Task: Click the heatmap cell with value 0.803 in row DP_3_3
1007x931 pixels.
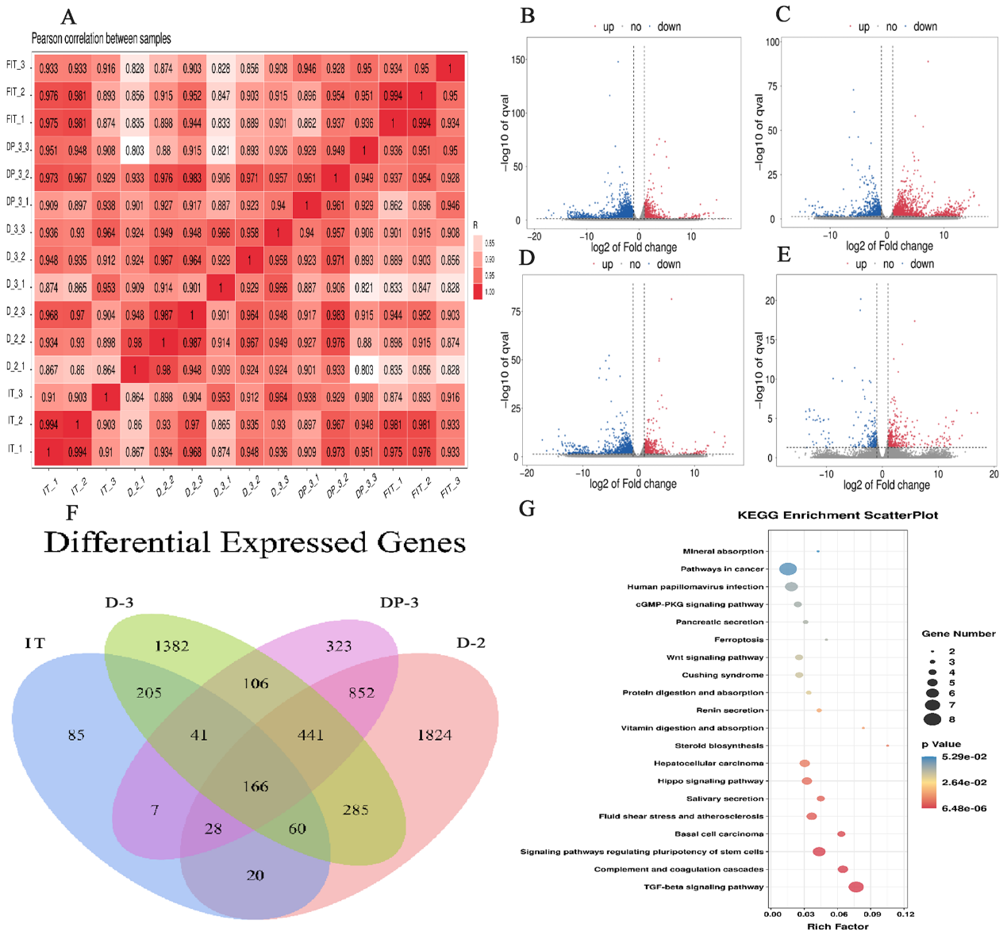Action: point(135,151)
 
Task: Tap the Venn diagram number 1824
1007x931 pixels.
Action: point(434,735)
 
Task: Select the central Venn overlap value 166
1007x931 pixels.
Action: point(256,786)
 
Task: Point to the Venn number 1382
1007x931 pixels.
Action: point(171,646)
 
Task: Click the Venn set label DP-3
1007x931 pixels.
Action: point(399,603)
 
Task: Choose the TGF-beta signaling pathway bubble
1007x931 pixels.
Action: point(855,887)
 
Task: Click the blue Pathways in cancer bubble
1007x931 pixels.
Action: point(788,569)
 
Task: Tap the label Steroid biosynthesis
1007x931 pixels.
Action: point(719,745)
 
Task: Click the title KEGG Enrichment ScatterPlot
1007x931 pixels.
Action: point(837,515)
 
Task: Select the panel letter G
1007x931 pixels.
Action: point(527,508)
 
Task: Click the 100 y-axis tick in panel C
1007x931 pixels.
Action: point(772,42)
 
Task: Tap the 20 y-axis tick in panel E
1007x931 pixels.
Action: point(769,301)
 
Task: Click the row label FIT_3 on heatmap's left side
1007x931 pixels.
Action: point(16,65)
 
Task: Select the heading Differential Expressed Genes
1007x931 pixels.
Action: point(254,542)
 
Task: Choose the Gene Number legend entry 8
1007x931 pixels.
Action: point(951,719)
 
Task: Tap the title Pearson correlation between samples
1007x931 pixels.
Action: point(101,38)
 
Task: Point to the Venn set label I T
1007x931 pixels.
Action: point(35,642)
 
